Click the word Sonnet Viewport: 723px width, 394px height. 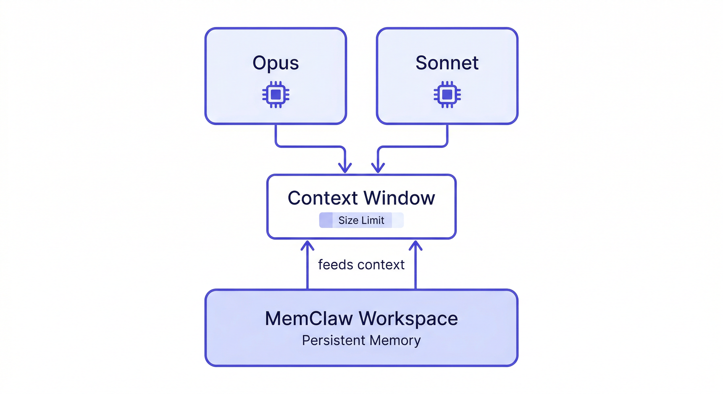447,63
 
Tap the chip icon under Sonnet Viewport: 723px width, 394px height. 447,94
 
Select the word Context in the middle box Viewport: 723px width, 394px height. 322,198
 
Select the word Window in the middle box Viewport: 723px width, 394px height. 399,198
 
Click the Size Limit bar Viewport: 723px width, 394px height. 361,220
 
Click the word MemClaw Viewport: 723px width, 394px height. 309,319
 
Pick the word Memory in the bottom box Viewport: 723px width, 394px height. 395,340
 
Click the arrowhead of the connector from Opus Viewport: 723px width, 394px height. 345,168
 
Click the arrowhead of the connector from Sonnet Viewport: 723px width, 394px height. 378,168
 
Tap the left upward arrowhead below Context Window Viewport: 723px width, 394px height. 307,245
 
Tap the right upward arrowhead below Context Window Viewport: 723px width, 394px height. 416,245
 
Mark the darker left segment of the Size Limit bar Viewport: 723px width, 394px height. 326,220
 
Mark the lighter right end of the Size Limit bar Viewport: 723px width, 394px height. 398,220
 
